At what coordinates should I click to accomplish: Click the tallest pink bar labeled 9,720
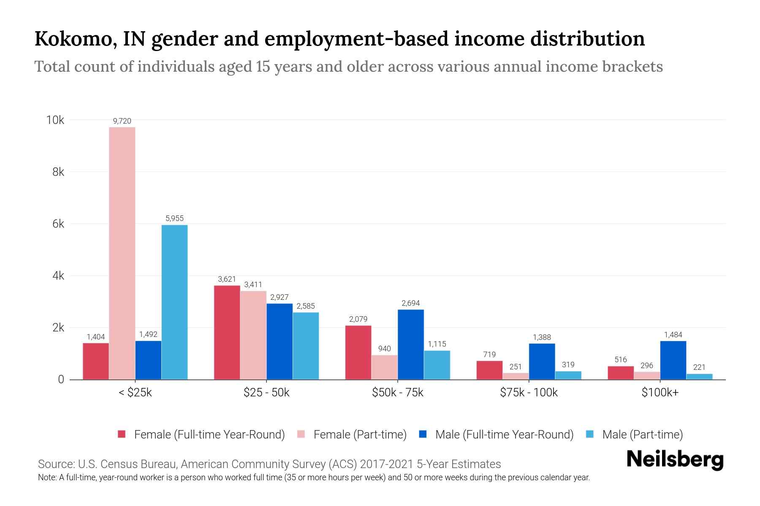click(122, 253)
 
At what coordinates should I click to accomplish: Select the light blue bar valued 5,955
click(174, 302)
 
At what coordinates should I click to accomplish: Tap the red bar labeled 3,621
click(227, 332)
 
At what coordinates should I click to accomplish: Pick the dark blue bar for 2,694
click(411, 345)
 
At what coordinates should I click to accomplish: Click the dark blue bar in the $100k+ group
click(673, 360)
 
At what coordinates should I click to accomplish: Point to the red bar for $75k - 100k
click(489, 370)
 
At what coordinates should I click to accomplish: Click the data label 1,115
click(437, 344)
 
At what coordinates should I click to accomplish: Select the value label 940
click(384, 349)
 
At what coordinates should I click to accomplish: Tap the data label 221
click(699, 367)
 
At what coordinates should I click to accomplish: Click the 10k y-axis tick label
click(55, 120)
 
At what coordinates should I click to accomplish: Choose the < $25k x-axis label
click(135, 393)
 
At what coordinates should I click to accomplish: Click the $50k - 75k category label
click(397, 393)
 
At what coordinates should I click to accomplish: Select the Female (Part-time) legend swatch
click(301, 434)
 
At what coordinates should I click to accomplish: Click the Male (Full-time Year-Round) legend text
click(504, 434)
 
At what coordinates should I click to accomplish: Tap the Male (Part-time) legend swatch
click(590, 434)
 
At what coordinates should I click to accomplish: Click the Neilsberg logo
click(675, 460)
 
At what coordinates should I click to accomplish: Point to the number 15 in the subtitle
click(262, 67)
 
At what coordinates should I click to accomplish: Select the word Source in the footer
click(55, 464)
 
